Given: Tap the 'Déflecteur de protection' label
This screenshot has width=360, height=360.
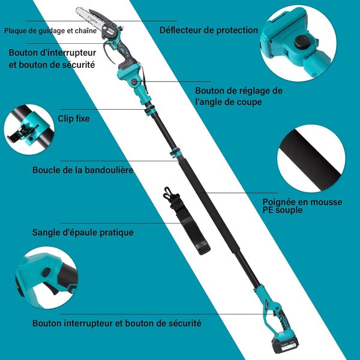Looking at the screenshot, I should click(209, 30).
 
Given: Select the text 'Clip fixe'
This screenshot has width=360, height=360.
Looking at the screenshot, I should click(74, 118).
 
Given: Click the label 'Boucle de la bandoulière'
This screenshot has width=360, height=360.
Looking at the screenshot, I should click(83, 170).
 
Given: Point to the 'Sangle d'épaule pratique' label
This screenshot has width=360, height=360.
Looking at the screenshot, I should click(83, 232).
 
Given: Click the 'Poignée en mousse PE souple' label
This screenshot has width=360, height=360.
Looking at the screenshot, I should click(302, 206).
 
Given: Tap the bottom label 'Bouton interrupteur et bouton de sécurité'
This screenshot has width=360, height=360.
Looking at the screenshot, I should click(117, 323).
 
